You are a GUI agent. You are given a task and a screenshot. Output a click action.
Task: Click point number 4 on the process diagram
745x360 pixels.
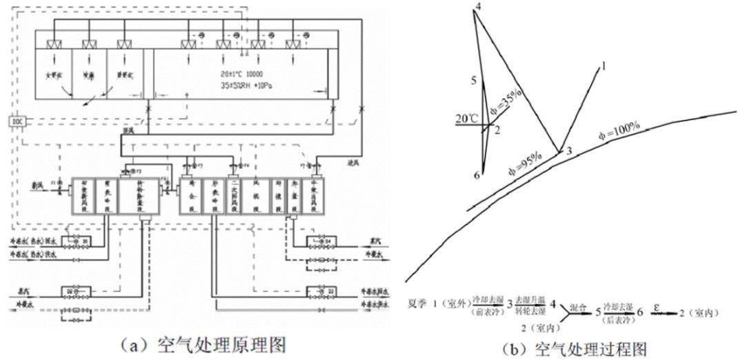(x=478, y=7)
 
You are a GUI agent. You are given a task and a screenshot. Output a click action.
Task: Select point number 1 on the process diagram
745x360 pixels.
(x=603, y=66)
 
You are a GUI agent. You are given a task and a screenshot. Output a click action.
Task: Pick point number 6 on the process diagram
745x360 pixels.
(x=476, y=176)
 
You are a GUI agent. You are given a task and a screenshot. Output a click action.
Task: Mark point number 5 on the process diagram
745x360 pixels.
(x=475, y=81)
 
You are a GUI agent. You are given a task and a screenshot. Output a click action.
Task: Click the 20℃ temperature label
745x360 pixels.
(x=466, y=118)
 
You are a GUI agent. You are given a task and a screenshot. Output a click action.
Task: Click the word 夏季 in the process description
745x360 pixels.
(x=415, y=312)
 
